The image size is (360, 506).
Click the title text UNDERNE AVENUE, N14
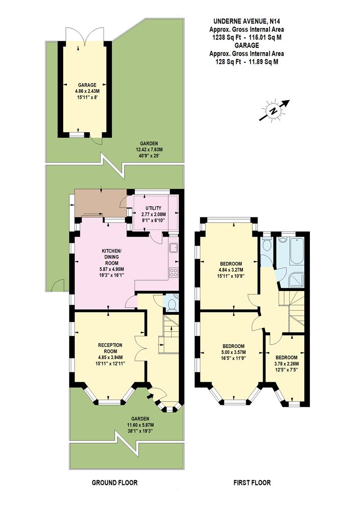coord(246,21)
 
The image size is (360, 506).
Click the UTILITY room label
coord(153,208)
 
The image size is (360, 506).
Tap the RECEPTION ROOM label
coord(110,348)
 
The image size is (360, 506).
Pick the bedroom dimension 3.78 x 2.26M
coord(286,364)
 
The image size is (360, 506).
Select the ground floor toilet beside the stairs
coord(171,305)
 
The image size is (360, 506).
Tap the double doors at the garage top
coord(85,36)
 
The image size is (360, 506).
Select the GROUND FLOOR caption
coord(115,483)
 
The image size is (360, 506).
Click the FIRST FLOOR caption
coord(252,483)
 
